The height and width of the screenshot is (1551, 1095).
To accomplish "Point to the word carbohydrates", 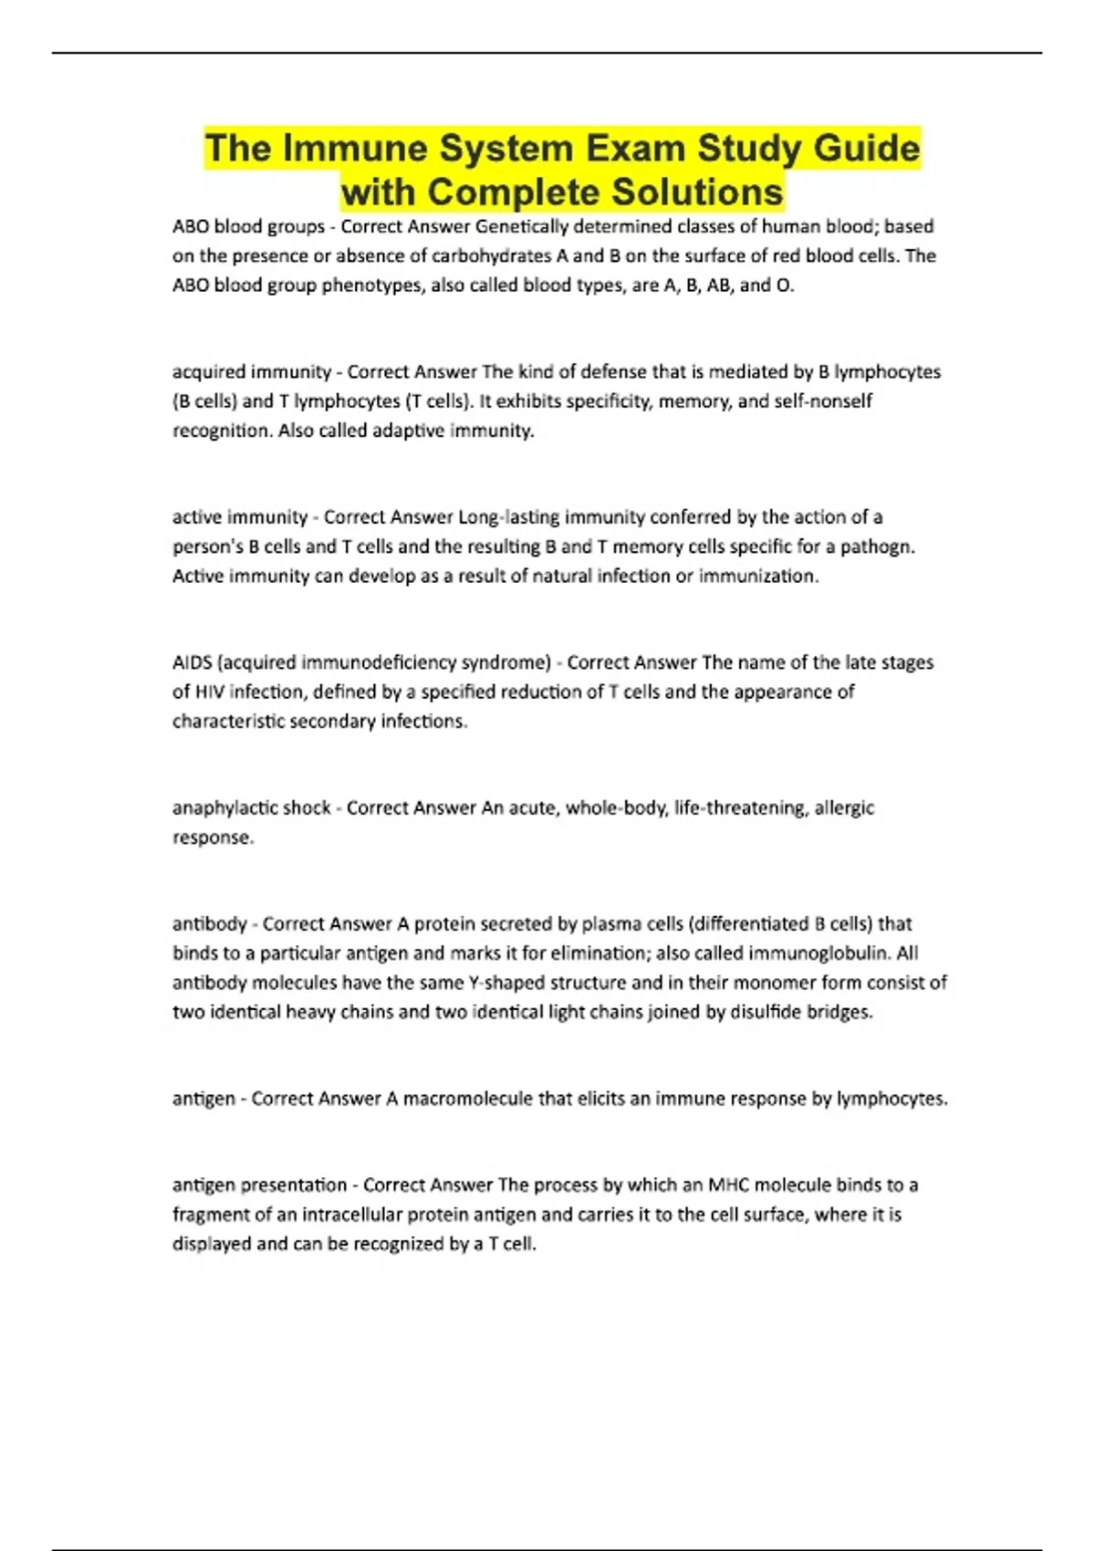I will [485, 255].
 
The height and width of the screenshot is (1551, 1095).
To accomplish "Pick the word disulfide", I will [766, 1012].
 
